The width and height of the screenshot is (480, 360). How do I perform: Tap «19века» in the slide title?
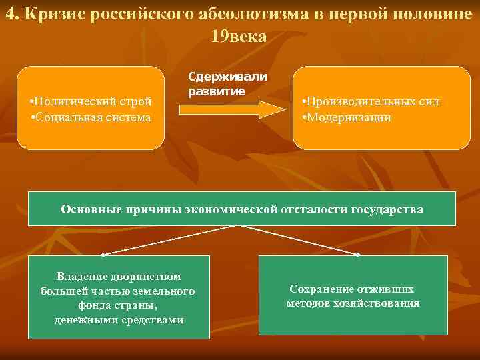tap(239, 37)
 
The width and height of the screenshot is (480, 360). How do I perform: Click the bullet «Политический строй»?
tap(91, 101)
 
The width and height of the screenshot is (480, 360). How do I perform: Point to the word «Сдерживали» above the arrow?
tap(227, 76)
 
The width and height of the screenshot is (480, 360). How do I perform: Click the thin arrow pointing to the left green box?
tap(167, 240)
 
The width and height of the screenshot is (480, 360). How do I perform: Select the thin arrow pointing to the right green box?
tap(300, 240)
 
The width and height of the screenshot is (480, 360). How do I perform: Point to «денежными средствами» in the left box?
tap(119, 320)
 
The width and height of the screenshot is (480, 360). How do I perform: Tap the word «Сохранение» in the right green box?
tap(317, 289)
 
